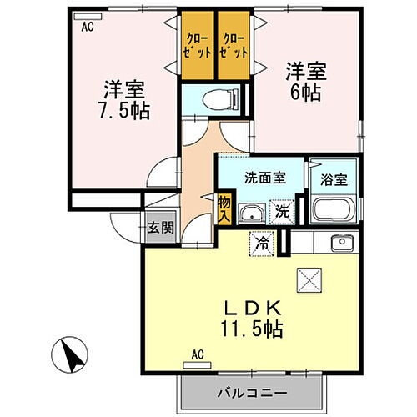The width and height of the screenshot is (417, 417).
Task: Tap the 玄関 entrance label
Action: [x=162, y=227]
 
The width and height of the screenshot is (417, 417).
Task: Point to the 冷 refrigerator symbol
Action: [x=263, y=244]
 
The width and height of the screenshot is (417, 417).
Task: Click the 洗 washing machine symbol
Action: [x=282, y=212]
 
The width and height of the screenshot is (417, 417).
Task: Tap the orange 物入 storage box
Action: [x=224, y=206]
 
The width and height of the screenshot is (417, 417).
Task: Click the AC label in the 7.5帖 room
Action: [x=87, y=26]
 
